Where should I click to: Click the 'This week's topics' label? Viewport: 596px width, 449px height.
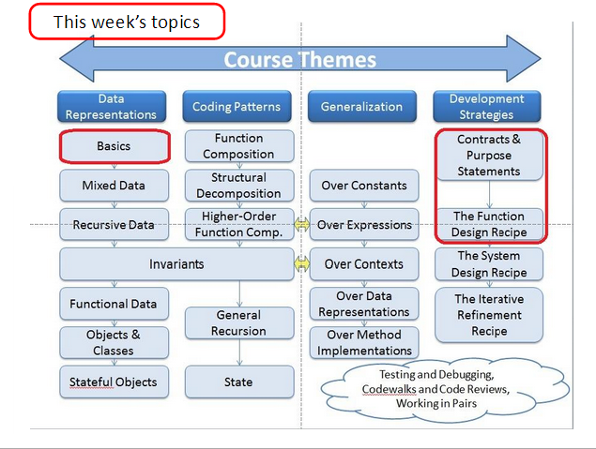click(x=127, y=22)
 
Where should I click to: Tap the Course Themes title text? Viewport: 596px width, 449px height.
click(x=300, y=60)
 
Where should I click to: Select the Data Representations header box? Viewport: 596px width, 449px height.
click(x=112, y=107)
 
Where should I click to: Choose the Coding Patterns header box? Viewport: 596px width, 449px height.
click(x=237, y=107)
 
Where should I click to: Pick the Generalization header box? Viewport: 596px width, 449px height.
click(x=362, y=107)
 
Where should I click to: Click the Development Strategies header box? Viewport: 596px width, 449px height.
click(x=487, y=107)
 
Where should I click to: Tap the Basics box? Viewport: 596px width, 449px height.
click(x=114, y=146)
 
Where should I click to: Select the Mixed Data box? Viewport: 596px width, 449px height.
click(x=114, y=186)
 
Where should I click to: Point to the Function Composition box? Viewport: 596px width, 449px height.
click(x=239, y=146)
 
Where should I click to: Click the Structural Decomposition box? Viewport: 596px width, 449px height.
click(x=239, y=186)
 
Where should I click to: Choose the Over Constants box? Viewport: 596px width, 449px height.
click(x=364, y=186)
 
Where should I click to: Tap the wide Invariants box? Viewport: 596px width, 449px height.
click(x=176, y=264)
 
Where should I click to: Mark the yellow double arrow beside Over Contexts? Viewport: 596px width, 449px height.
click(x=302, y=264)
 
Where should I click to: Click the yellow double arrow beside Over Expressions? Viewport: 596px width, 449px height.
click(x=302, y=225)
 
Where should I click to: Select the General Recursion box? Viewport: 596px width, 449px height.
click(x=239, y=323)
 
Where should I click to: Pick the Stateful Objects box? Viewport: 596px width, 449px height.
click(x=114, y=382)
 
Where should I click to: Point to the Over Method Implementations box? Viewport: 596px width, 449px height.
click(x=364, y=343)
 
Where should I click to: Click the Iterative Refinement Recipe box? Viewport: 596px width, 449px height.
click(x=489, y=315)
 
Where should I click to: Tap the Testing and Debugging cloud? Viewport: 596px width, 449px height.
click(x=444, y=389)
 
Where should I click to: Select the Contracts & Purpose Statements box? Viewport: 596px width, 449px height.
click(x=489, y=156)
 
